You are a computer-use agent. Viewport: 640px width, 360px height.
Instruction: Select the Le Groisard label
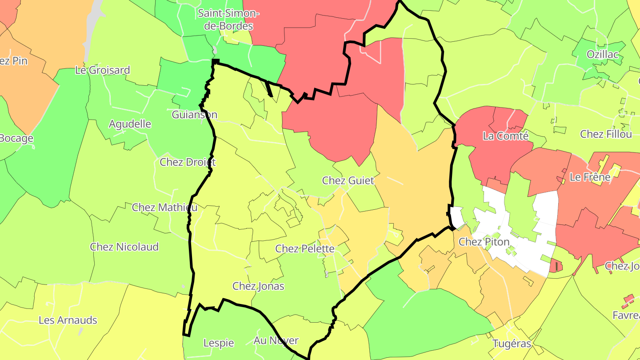coord(102,70)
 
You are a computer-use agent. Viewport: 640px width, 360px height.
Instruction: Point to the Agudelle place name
coord(130,124)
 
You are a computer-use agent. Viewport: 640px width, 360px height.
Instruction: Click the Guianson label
coord(195,115)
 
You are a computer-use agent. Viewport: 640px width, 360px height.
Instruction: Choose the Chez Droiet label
coord(188,162)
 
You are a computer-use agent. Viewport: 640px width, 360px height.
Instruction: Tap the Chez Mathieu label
coord(164,207)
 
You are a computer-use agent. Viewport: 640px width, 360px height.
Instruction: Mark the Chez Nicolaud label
coord(124,247)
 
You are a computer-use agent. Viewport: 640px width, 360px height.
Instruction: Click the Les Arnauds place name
coord(68,320)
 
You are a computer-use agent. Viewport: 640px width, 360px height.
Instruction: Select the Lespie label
coord(219,343)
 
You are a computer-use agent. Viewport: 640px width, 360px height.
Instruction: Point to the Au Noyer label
coord(276,341)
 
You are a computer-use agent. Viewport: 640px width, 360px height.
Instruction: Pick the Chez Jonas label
coord(258,286)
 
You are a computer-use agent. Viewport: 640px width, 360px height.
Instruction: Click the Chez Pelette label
coord(305,248)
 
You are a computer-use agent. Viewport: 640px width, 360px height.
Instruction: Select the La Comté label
coord(506,136)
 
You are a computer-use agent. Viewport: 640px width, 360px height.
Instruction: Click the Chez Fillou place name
coord(606,134)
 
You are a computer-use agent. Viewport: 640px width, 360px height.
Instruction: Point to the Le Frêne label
coord(590,177)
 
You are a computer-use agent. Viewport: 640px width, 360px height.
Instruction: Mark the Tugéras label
coord(512,344)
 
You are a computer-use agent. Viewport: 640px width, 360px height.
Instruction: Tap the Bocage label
coord(16,138)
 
